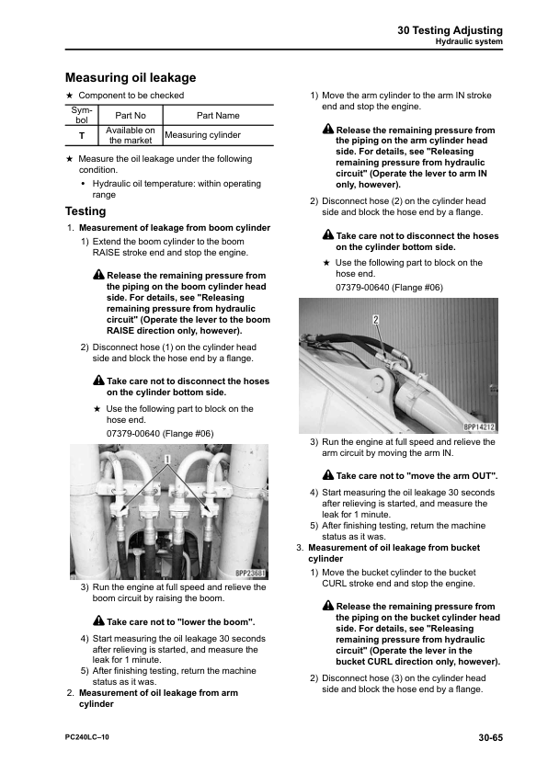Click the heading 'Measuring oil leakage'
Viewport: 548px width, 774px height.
131,77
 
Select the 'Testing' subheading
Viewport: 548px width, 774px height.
86,211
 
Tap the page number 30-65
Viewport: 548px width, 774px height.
490,737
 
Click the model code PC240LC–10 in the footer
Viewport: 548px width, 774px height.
87,737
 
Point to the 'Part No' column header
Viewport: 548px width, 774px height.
131,116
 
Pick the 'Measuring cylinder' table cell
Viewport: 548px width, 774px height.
202,135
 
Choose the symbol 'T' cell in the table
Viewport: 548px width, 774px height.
82,136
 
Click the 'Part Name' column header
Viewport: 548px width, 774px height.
218,116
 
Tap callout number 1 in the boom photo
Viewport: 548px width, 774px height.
167,460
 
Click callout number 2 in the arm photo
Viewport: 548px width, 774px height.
376,319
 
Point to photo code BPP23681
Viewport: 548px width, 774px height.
250,574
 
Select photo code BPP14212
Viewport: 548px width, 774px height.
479,427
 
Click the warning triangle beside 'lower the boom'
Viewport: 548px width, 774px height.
98,620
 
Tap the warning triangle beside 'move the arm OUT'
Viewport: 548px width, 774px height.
328,475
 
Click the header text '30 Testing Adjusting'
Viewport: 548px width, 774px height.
450,30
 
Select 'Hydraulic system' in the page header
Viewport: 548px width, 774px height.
469,41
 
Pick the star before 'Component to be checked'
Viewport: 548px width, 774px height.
70,96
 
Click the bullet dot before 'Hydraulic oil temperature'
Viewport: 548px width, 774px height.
84,184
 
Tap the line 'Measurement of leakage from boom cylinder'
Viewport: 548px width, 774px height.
175,228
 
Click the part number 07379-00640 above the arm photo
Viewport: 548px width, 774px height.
362,288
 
